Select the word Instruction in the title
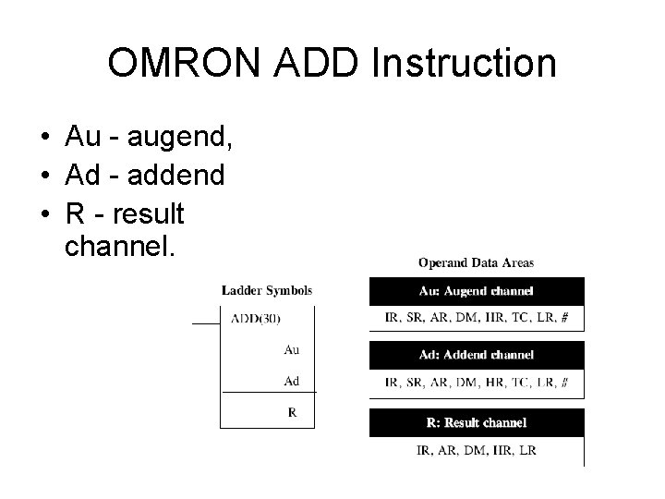[464, 64]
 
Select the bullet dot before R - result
[44, 213]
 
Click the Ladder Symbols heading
[267, 290]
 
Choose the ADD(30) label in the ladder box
[255, 319]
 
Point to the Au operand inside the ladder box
[291, 350]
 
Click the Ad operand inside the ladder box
[291, 381]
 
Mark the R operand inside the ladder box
[292, 413]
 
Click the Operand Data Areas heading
[476, 263]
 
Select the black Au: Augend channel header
[476, 291]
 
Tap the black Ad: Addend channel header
[476, 355]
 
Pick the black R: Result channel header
[476, 422]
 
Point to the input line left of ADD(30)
[206, 324]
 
